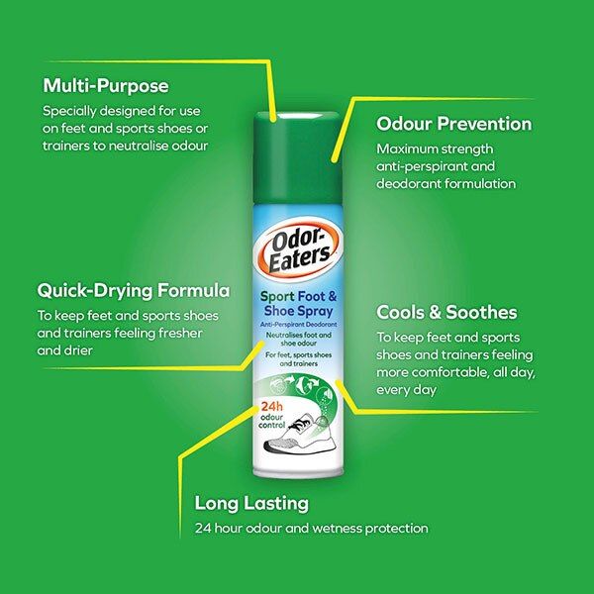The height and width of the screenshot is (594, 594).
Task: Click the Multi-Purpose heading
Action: pyautogui.click(x=105, y=85)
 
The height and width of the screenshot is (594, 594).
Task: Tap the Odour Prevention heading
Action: pyautogui.click(x=453, y=124)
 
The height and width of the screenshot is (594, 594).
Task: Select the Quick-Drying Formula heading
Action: pyautogui.click(x=134, y=291)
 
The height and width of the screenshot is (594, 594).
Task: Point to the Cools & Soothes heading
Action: pyautogui.click(x=446, y=312)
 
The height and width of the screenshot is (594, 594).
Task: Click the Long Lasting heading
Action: pyautogui.click(x=251, y=503)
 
